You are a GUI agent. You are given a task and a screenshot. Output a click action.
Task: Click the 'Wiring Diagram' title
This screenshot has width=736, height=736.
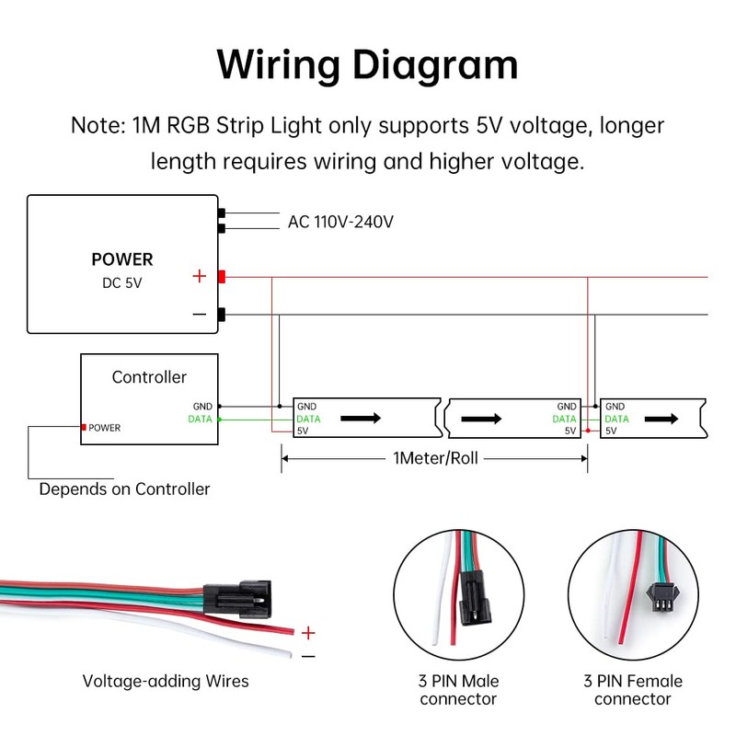[367, 64]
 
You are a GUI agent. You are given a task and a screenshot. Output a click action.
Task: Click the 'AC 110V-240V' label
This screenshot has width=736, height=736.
[340, 222]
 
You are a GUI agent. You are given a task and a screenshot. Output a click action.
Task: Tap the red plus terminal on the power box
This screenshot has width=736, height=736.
[222, 276]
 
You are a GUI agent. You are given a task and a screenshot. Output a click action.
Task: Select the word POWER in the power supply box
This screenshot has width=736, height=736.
[122, 259]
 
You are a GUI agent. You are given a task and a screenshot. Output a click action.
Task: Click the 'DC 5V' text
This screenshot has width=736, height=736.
[122, 283]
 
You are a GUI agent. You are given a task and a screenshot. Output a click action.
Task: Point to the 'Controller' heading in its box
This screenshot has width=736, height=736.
[149, 377]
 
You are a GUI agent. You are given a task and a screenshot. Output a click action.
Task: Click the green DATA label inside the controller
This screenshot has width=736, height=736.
[200, 420]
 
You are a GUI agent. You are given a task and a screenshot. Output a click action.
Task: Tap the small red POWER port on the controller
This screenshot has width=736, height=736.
[84, 428]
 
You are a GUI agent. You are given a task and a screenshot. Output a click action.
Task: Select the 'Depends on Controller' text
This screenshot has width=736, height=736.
[124, 489]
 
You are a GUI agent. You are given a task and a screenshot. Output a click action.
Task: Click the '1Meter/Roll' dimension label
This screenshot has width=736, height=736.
[434, 457]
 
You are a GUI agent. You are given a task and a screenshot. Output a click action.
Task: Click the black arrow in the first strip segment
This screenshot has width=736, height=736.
[361, 418]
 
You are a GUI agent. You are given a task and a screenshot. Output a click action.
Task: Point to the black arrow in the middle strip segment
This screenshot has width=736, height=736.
[481, 418]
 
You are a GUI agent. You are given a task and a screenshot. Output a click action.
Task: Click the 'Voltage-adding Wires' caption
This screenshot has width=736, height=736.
[166, 682]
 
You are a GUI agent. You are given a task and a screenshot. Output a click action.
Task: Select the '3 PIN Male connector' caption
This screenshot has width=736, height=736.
[459, 690]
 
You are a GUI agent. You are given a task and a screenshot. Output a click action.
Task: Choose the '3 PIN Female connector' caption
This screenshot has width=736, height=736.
[633, 690]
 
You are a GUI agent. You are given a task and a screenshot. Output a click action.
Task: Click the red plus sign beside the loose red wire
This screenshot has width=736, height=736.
[308, 633]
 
